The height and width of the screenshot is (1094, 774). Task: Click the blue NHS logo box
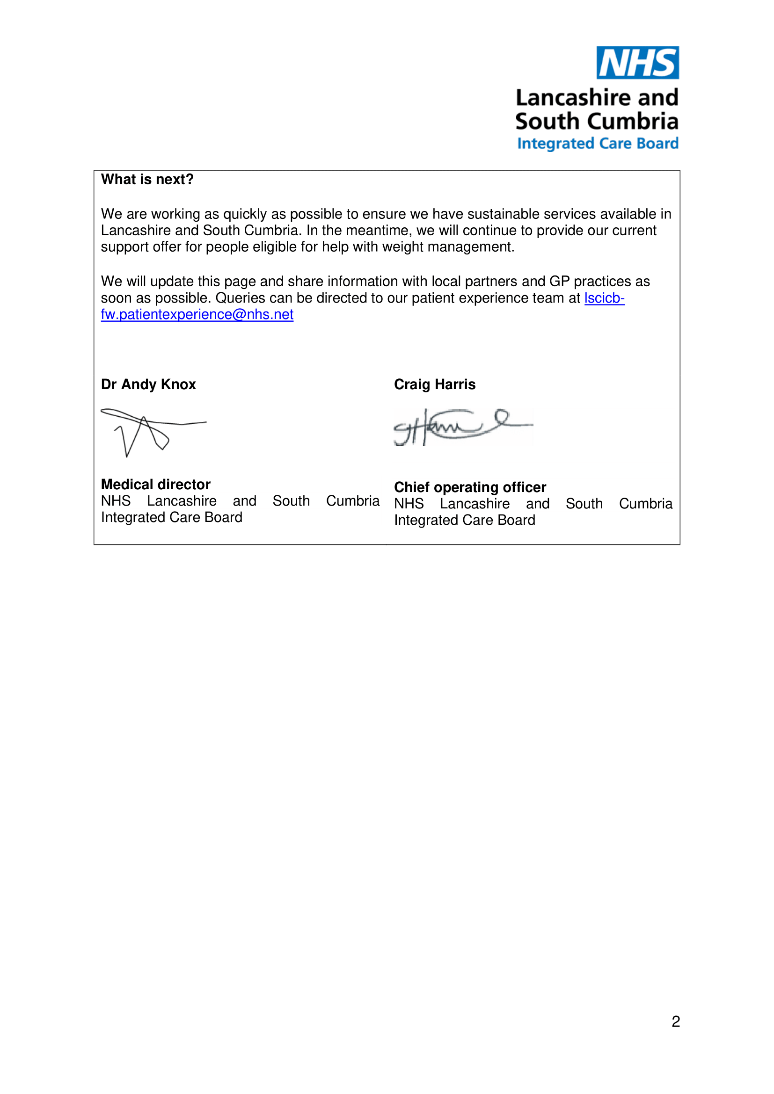[x=637, y=62]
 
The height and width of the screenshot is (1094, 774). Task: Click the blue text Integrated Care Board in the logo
[x=598, y=144]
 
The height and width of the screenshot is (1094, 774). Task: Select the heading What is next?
[x=147, y=180]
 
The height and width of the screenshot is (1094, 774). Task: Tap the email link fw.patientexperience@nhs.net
[x=197, y=314]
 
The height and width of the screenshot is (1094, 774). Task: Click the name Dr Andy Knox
[x=148, y=384]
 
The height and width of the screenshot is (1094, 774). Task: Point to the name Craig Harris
[x=435, y=384]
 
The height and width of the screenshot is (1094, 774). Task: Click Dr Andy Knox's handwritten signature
[x=148, y=431]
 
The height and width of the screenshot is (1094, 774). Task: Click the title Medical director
[x=156, y=485]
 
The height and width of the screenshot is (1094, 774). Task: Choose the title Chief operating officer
[x=470, y=487]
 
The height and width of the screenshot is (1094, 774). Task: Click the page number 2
[x=675, y=1022]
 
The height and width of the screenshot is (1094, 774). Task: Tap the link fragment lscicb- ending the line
[x=604, y=298]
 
